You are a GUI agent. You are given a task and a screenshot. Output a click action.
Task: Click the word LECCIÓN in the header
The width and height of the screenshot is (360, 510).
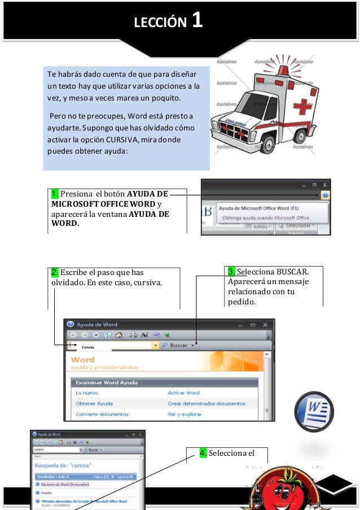pos(160,23)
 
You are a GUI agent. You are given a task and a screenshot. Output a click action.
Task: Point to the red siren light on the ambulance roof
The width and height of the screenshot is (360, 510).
pos(283,63)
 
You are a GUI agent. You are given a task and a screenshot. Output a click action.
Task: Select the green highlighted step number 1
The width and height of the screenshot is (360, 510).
pos(55,195)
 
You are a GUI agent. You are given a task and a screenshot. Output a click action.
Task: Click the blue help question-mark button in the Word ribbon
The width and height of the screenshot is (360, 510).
pos(325,195)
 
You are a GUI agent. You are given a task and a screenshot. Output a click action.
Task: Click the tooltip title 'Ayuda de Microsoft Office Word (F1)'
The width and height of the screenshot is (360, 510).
pos(259,208)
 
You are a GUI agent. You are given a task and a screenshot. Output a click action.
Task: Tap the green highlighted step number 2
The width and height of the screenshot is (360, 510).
pos(54,272)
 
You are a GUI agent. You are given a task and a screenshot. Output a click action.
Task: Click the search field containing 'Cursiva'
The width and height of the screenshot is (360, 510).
pos(113,346)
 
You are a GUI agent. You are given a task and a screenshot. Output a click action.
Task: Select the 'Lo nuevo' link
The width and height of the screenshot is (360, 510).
pos(86,393)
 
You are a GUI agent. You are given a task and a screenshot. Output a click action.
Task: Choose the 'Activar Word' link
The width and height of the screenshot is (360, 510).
pos(183,393)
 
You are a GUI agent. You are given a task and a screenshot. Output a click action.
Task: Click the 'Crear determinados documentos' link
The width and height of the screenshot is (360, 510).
pos(206,403)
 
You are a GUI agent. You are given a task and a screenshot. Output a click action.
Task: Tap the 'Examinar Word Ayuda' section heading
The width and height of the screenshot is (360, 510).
pos(106,382)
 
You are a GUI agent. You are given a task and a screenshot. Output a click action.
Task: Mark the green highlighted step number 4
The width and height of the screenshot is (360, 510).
pos(204,453)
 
